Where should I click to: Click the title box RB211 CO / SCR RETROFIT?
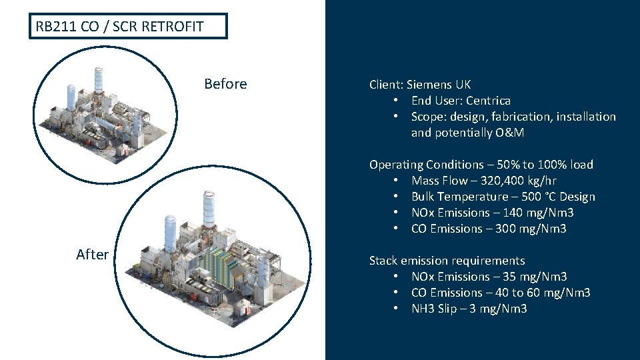click(x=128, y=27)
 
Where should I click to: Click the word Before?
click(x=225, y=84)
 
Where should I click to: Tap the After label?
click(x=92, y=254)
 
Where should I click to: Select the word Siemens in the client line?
click(x=430, y=85)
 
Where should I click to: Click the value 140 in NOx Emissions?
click(x=527, y=213)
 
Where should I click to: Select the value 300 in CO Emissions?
click(x=519, y=229)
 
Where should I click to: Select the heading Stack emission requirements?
click(x=447, y=261)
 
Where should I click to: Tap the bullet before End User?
click(x=396, y=101)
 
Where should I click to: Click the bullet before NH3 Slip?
click(x=396, y=309)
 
